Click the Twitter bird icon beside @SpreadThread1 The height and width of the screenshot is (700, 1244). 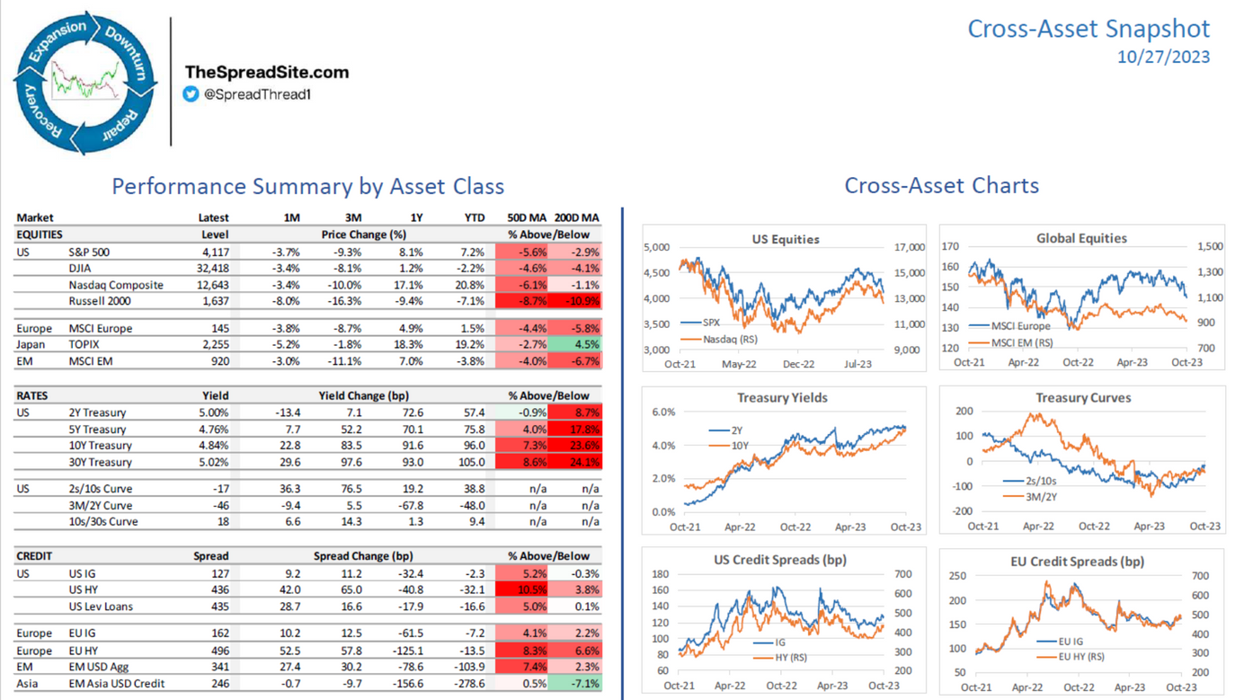tap(191, 93)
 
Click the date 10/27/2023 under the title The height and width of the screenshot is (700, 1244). tap(1163, 57)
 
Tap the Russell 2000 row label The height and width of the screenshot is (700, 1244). tap(100, 301)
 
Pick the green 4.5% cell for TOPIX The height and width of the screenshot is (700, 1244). tap(576, 344)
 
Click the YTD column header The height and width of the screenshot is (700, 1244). tap(474, 217)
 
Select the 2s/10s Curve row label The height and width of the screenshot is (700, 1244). tap(100, 489)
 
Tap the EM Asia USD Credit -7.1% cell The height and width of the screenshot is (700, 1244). tap(576, 684)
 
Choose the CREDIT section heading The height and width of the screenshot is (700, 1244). tap(34, 556)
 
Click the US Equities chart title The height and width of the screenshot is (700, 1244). tap(785, 239)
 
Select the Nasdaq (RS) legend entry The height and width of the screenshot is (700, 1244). tap(729, 339)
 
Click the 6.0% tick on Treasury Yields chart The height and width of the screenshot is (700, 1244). tap(662, 412)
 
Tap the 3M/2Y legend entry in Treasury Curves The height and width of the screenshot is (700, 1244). tap(1042, 496)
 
